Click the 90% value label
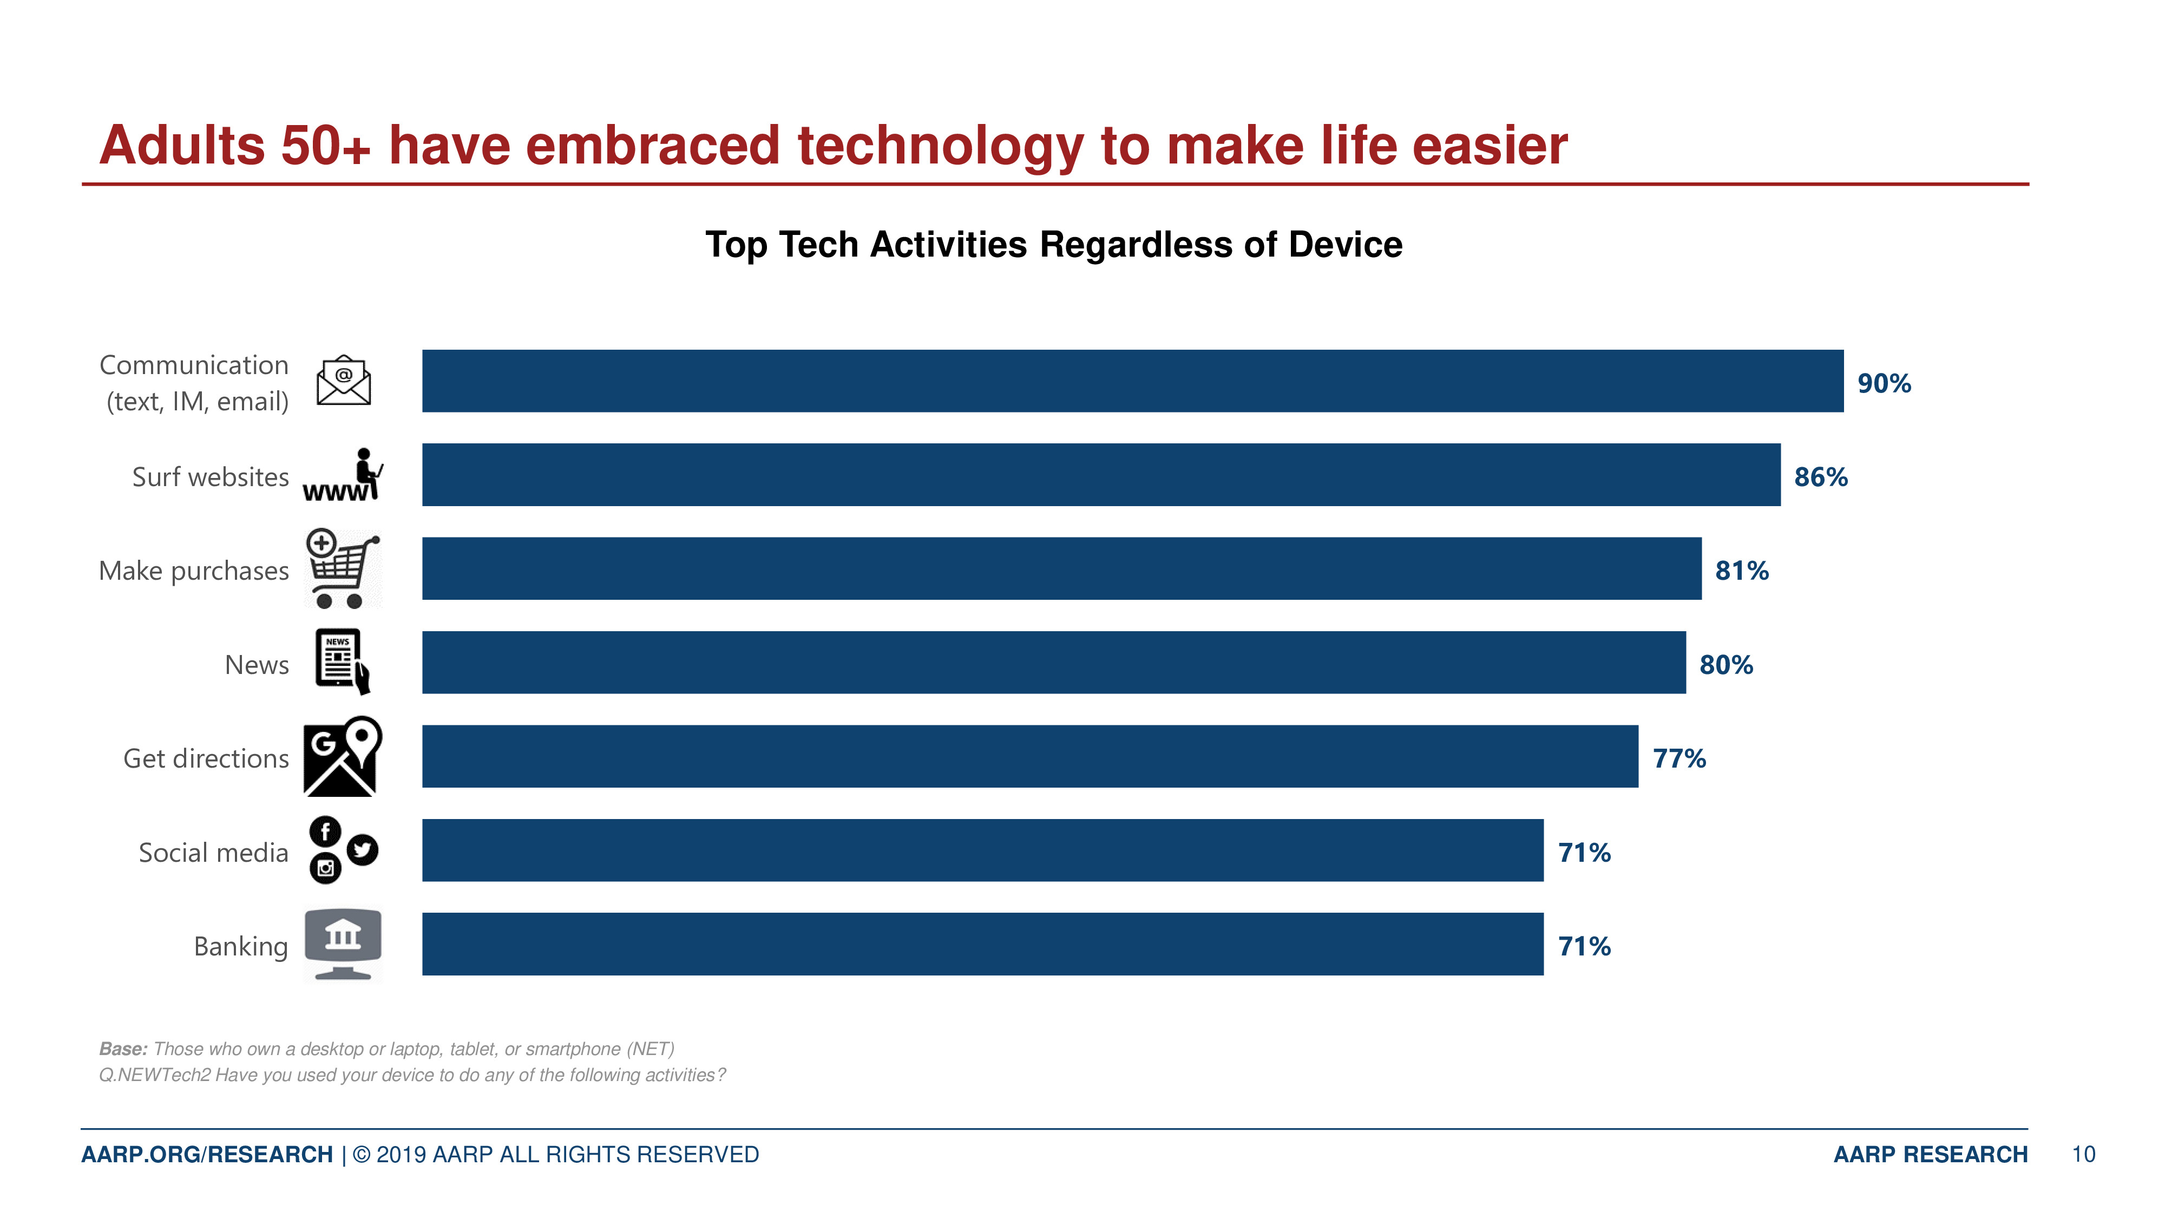click(x=1884, y=383)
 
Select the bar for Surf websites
click(x=1100, y=475)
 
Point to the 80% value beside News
click(x=1726, y=665)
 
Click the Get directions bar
click(x=1029, y=757)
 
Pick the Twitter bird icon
click(x=362, y=850)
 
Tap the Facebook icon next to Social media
click(x=325, y=832)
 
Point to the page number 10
click(x=2083, y=1154)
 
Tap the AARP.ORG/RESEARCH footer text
click(x=207, y=1154)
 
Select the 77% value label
click(x=1678, y=759)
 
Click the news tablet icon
click(x=341, y=660)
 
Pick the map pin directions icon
click(x=342, y=756)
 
